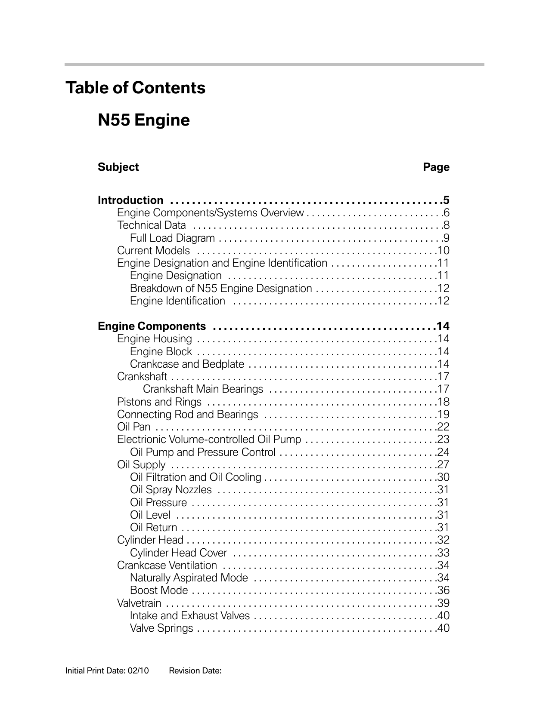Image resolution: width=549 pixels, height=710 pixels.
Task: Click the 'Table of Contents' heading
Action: (x=135, y=88)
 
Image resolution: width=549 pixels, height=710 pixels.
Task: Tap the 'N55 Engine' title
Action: (x=144, y=120)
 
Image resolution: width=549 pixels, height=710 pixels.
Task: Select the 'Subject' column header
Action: (x=118, y=167)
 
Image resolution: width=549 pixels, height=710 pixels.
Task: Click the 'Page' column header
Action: (x=436, y=167)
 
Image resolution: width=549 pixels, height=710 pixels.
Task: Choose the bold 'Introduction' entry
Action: (x=130, y=200)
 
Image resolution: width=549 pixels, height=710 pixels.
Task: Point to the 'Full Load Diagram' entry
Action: (x=172, y=238)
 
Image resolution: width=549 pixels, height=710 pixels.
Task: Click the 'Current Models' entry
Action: (x=153, y=251)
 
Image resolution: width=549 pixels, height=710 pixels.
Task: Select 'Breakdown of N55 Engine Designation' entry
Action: (x=221, y=289)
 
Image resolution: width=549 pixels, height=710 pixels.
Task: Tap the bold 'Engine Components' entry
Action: (x=152, y=326)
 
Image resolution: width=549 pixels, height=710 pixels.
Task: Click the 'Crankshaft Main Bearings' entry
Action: (x=203, y=389)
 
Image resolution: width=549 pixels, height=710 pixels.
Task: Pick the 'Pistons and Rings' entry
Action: (x=159, y=402)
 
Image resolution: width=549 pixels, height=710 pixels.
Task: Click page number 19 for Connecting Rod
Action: (x=443, y=415)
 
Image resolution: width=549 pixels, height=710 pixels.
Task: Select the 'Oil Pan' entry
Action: (x=134, y=427)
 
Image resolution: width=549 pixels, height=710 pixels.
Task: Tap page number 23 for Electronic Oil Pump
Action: (x=443, y=440)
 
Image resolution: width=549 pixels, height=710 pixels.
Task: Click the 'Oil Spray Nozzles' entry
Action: (x=171, y=490)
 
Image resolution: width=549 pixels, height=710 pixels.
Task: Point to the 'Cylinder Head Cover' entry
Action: (x=178, y=553)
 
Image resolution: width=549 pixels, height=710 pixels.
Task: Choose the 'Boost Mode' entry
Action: (x=159, y=590)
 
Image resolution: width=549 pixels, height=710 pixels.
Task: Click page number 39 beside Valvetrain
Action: (x=443, y=603)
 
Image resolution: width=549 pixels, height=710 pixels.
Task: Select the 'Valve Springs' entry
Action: (x=161, y=628)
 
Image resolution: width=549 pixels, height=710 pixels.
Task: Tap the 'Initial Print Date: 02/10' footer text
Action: (x=107, y=670)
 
